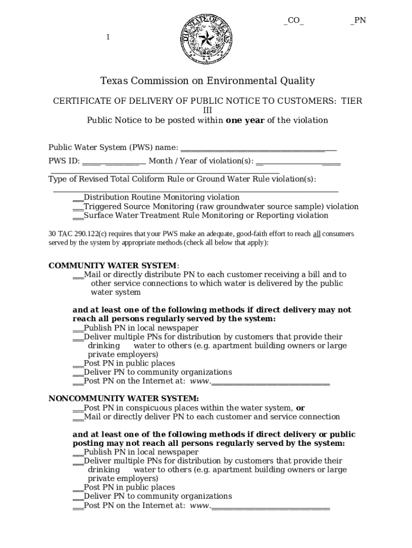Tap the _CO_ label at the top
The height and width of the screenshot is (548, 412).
pyautogui.click(x=294, y=21)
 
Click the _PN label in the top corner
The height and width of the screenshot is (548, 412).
pyautogui.click(x=358, y=21)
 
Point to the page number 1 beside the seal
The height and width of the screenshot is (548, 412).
pyautogui.click(x=108, y=37)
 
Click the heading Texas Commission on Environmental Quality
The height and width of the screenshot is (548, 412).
pyautogui.click(x=208, y=81)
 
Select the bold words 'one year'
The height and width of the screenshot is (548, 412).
pyautogui.click(x=245, y=120)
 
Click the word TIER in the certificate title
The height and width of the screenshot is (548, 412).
pyautogui.click(x=352, y=101)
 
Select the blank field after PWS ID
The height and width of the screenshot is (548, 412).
pyautogui.click(x=114, y=161)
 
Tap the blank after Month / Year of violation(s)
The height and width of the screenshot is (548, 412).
pyautogui.click(x=298, y=161)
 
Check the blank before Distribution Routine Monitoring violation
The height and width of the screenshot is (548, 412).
pyautogui.click(x=78, y=197)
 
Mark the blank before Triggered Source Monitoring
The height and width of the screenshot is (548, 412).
pyautogui.click(x=78, y=207)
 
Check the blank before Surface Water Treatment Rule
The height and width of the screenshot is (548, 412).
pyautogui.click(x=78, y=216)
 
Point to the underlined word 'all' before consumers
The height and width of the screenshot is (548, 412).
pyautogui.click(x=317, y=234)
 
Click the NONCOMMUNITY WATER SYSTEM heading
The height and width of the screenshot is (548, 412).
pyautogui.click(x=124, y=398)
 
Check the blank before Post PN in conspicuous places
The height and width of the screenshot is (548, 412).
pyautogui.click(x=78, y=408)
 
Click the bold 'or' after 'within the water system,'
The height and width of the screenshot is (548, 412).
pyautogui.click(x=300, y=408)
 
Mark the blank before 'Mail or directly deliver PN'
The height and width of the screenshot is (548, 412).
pyautogui.click(x=78, y=417)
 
